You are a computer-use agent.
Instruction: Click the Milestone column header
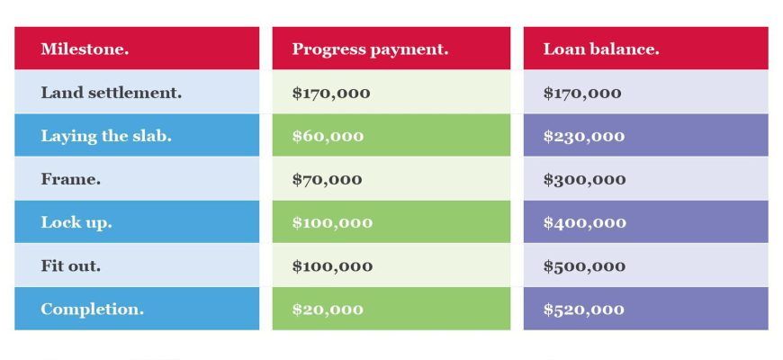[85, 49]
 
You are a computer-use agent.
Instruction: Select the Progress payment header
[370, 49]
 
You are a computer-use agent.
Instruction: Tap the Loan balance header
[601, 49]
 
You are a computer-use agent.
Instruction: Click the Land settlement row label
[112, 93]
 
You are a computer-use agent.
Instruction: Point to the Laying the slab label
[106, 136]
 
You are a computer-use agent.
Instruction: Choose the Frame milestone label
[71, 179]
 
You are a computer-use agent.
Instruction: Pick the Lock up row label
[76, 222]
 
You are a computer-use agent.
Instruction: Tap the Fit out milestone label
[71, 265]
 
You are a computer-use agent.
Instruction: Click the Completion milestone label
[93, 309]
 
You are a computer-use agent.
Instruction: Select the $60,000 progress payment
[328, 136]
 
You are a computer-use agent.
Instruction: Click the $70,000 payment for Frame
[327, 180]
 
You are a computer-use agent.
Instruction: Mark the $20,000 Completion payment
[328, 310]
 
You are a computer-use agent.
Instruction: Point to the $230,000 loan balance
[584, 136]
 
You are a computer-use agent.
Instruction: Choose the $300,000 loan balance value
[585, 180]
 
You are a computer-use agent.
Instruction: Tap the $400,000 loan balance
[585, 222]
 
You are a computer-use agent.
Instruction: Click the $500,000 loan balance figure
[584, 266]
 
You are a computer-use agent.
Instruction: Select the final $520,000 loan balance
[584, 310]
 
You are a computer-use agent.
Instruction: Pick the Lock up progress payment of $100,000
[333, 222]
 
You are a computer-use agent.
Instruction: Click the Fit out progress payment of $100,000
[333, 266]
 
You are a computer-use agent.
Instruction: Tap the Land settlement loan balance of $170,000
[583, 93]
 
